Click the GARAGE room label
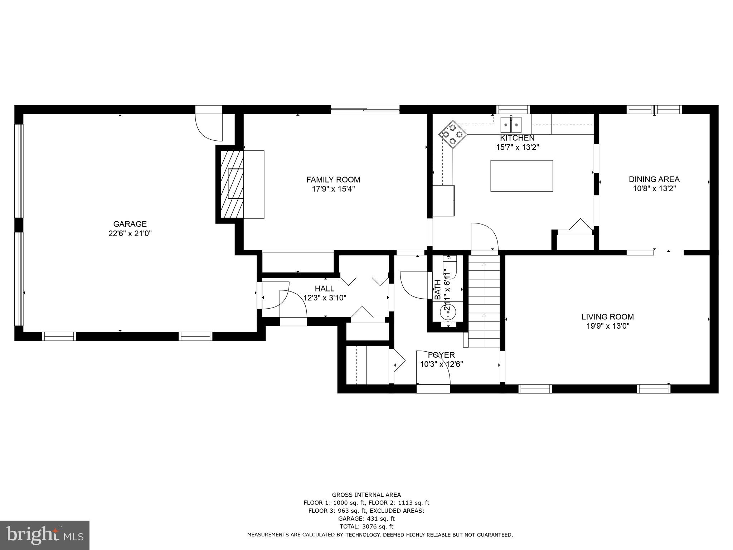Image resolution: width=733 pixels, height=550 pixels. pyautogui.click(x=130, y=224)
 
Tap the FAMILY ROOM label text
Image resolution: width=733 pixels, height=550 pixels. pyautogui.click(x=333, y=180)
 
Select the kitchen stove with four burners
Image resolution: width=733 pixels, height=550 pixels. pyautogui.click(x=453, y=134)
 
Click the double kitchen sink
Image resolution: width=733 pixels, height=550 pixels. pyautogui.click(x=511, y=124)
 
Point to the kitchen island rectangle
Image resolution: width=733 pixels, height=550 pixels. pyautogui.click(x=521, y=176)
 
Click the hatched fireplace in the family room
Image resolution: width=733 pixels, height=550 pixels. pyautogui.click(x=232, y=184)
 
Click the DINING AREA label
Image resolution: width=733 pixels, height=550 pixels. pyautogui.click(x=654, y=179)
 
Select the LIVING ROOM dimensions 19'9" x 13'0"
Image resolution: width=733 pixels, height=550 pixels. pyautogui.click(x=608, y=326)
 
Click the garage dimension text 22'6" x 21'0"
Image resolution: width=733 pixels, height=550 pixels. pyautogui.click(x=130, y=233)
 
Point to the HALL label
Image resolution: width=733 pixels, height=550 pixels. pyautogui.click(x=325, y=289)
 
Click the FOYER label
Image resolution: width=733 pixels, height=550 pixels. pyautogui.click(x=441, y=355)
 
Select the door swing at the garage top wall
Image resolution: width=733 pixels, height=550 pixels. pyautogui.click(x=209, y=127)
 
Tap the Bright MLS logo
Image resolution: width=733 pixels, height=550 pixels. pyautogui.click(x=45, y=536)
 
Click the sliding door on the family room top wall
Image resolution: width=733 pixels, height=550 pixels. pyautogui.click(x=365, y=110)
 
